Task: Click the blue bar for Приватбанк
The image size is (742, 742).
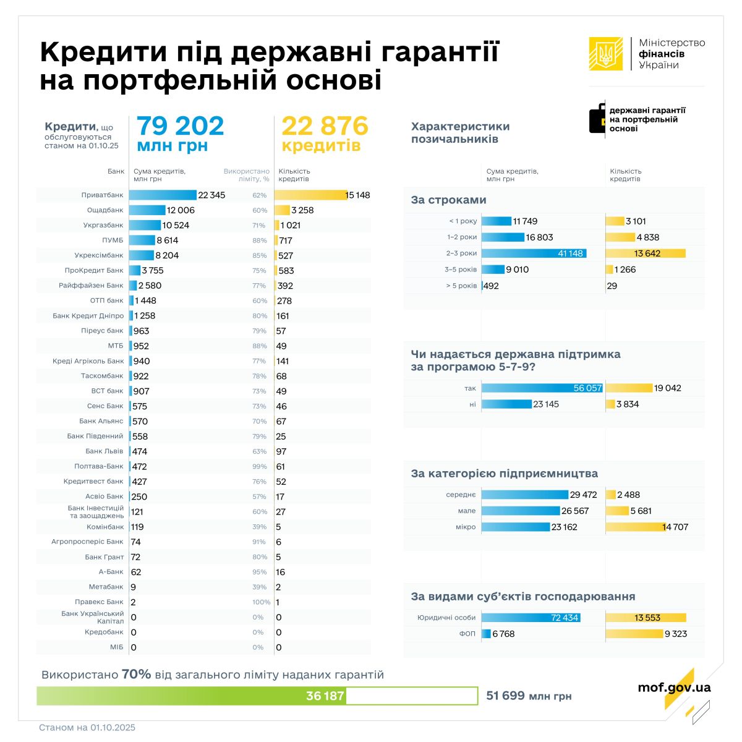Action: (x=163, y=195)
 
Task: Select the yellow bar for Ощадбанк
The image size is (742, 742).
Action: (x=282, y=210)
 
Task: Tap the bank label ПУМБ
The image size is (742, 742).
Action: (x=113, y=241)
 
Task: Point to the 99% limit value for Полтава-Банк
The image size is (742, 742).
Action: (x=260, y=467)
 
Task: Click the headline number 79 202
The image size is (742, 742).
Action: (x=180, y=126)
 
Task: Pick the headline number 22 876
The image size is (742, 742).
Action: (x=325, y=126)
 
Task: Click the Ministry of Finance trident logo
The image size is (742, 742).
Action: (x=606, y=54)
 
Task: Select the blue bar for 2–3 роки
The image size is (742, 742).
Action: (x=534, y=254)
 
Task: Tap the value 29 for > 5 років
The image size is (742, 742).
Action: (x=612, y=286)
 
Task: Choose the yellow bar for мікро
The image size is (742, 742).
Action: (x=645, y=527)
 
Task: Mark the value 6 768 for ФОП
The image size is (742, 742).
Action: (x=503, y=634)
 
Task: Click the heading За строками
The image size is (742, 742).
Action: (x=448, y=200)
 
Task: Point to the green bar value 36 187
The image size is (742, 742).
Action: (x=325, y=696)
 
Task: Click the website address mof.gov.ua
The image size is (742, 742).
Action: (x=674, y=688)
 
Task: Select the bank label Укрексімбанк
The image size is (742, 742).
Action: (x=99, y=255)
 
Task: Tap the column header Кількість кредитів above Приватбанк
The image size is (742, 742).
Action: (x=294, y=175)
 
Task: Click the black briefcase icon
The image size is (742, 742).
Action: (x=597, y=118)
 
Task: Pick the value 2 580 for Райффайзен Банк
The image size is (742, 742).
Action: (x=150, y=286)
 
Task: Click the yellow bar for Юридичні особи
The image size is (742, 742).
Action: (x=646, y=618)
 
